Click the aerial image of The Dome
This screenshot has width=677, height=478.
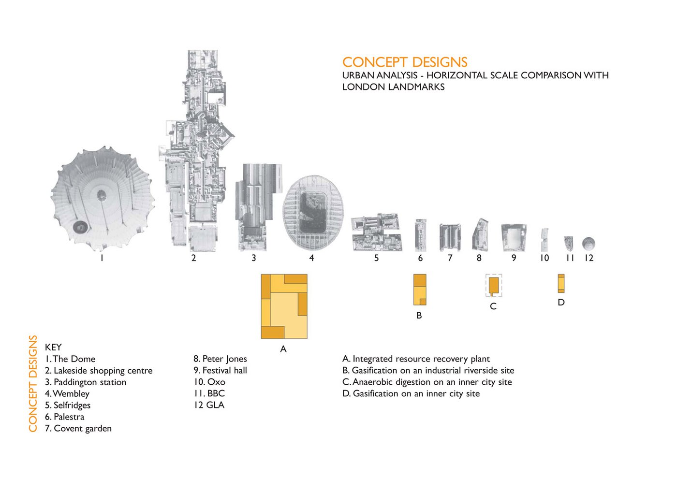103,198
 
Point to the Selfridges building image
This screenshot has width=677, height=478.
376,232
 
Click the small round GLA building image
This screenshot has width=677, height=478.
589,243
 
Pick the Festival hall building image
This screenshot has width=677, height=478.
514,237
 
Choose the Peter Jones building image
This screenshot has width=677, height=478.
480,235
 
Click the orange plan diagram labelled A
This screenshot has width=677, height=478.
284,306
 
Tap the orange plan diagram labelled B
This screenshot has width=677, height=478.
420,290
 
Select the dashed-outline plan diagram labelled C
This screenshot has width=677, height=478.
493,286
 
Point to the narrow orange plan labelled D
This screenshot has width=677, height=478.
561,283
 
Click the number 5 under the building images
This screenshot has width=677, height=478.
376,258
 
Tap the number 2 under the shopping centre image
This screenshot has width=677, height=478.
193,258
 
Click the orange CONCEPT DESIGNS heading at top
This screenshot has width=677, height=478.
405,62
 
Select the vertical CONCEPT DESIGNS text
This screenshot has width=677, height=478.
33,383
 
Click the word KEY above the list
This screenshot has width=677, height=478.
53,347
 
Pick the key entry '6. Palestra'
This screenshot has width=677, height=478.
64,417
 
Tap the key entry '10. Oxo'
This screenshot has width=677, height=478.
209,382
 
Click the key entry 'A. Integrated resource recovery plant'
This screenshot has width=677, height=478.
416,359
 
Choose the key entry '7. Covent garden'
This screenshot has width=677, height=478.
78,428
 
